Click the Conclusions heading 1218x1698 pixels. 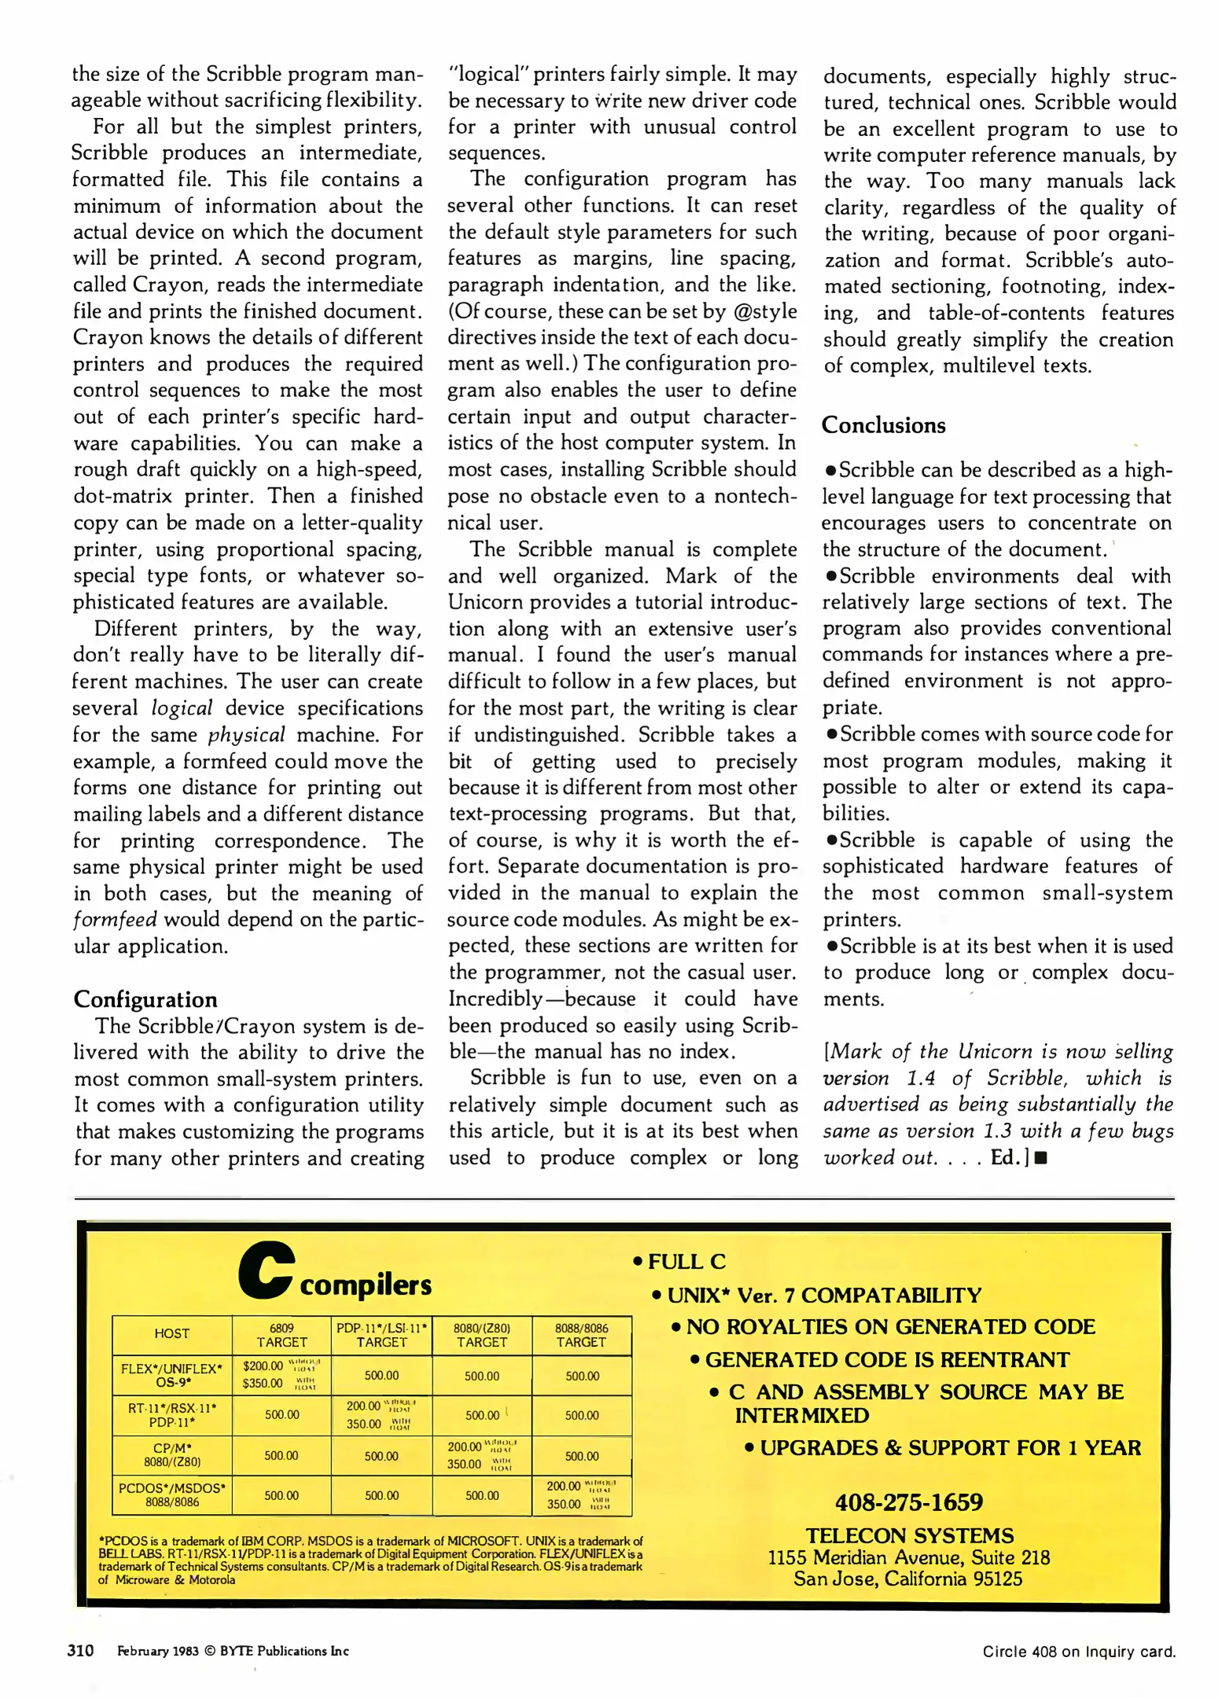pyautogui.click(x=883, y=425)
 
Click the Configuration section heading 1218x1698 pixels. pyautogui.click(x=145, y=999)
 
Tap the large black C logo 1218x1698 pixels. pyautogui.click(x=266, y=1270)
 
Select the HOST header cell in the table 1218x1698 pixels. pyautogui.click(x=171, y=1333)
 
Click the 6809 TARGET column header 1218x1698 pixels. pyautogui.click(x=282, y=1335)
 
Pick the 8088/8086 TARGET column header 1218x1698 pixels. pyautogui.click(x=581, y=1335)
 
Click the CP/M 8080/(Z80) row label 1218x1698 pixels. pyautogui.click(x=172, y=1455)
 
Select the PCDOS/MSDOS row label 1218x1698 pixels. pyautogui.click(x=172, y=1494)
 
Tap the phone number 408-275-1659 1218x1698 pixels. pyautogui.click(x=908, y=1502)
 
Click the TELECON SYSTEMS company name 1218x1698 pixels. pyautogui.click(x=909, y=1535)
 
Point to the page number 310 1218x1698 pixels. pyautogui.click(x=80, y=1651)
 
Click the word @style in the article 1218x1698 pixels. pyautogui.click(x=764, y=311)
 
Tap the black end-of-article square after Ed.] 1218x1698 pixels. pyautogui.click(x=1041, y=1159)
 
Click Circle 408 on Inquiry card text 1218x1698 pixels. pyautogui.click(x=1078, y=1652)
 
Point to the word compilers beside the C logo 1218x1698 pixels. pyautogui.click(x=366, y=1285)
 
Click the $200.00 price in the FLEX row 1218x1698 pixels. pyautogui.click(x=263, y=1366)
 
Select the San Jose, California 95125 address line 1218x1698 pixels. pyautogui.click(x=907, y=1579)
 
